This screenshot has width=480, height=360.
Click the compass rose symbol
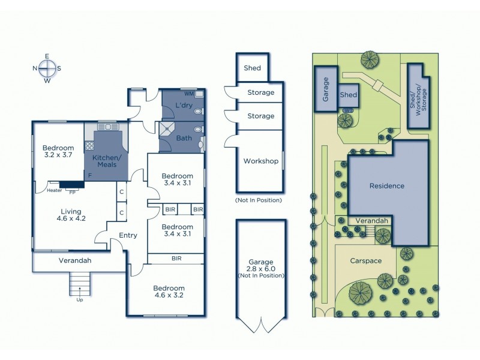(x=47, y=68)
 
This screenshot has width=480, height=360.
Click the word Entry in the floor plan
(x=128, y=235)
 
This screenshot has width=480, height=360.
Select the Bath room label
(x=184, y=138)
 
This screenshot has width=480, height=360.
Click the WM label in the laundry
(x=188, y=94)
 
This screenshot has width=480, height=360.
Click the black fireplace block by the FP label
(x=71, y=185)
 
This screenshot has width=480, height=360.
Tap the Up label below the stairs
(x=79, y=299)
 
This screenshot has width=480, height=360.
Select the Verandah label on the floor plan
(x=74, y=260)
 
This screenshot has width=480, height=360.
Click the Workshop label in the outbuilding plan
(x=260, y=161)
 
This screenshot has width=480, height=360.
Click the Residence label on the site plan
(x=386, y=186)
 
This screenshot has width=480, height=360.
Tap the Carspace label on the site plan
(x=365, y=261)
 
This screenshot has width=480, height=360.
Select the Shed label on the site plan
(x=349, y=95)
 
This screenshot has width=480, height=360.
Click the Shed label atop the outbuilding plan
(x=252, y=68)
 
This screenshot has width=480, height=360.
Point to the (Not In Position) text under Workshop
(x=259, y=199)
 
